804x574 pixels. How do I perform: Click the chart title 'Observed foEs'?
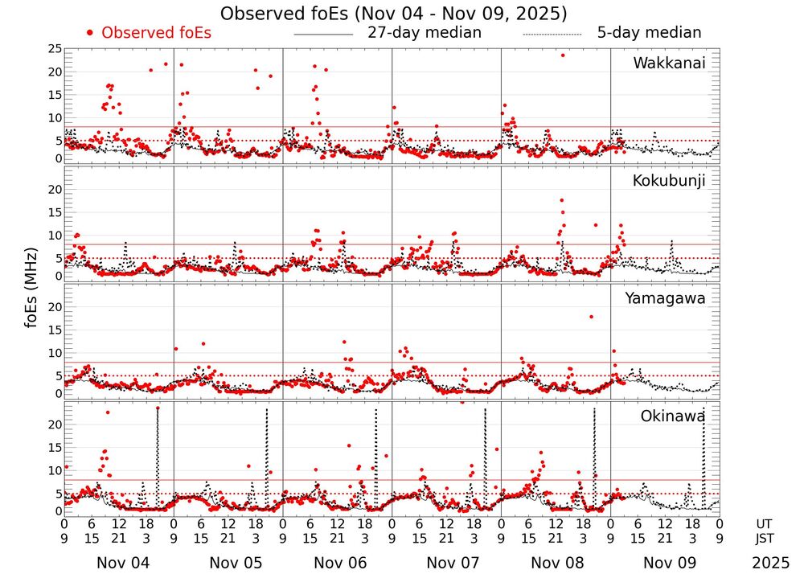393,14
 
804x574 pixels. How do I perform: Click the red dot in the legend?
90,33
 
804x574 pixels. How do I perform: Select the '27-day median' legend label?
424,33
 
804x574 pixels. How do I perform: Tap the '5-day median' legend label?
649,33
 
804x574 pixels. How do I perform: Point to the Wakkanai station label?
669,63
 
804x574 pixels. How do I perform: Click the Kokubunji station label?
669,181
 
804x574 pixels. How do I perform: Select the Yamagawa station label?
666,298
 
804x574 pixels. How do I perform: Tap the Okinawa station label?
673,416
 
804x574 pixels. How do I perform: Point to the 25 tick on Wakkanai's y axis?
54,50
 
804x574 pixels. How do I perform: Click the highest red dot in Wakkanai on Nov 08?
562,55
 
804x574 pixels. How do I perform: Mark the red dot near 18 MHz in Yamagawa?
591,317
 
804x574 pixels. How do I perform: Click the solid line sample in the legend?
323,35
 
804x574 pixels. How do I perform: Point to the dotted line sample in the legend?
552,35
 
